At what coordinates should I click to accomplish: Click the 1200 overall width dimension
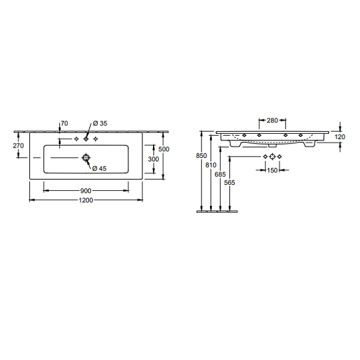(86, 200)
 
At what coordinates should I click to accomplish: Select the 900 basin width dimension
(86, 191)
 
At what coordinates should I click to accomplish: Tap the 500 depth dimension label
(164, 149)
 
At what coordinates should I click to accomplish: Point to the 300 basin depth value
(154, 159)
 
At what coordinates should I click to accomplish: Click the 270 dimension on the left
(19, 146)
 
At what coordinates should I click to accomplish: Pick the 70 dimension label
(65, 124)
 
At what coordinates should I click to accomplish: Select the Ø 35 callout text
(100, 124)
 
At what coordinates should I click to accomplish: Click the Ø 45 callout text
(99, 169)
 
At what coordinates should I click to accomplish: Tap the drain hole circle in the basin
(86, 158)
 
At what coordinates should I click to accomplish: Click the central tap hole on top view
(86, 139)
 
